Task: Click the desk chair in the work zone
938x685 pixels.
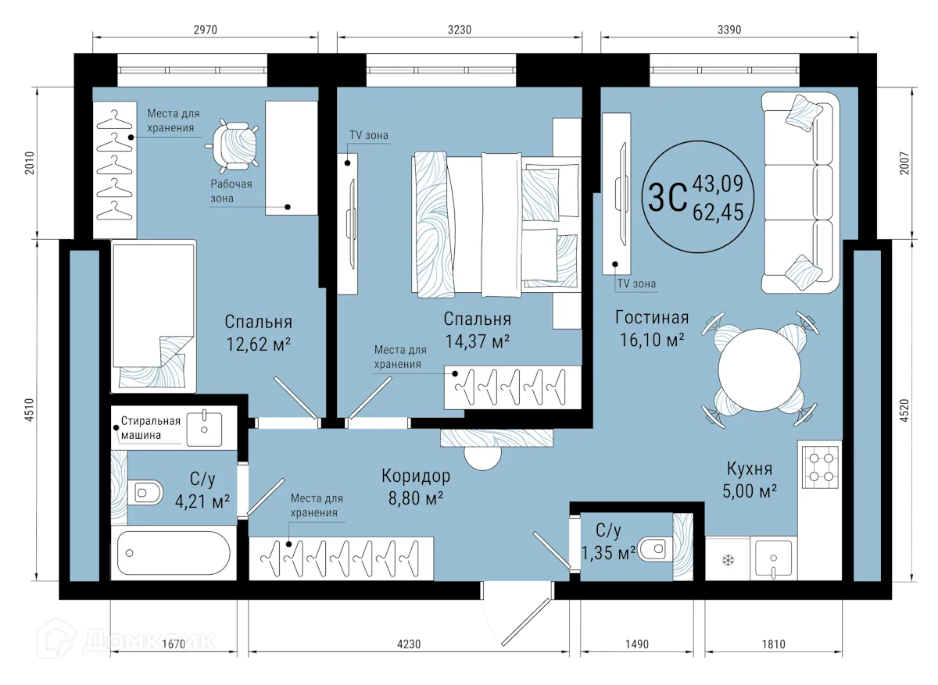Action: pos(235,144)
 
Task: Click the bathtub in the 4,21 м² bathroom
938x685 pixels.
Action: pos(174,553)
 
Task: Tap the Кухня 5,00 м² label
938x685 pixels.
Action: pos(749,480)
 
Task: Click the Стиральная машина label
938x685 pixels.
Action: pos(150,428)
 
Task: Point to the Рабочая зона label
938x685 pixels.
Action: pos(231,191)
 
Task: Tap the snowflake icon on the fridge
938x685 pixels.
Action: pos(727,560)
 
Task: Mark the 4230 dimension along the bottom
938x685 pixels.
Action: pos(409,644)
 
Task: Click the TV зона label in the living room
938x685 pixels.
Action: pos(636,284)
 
